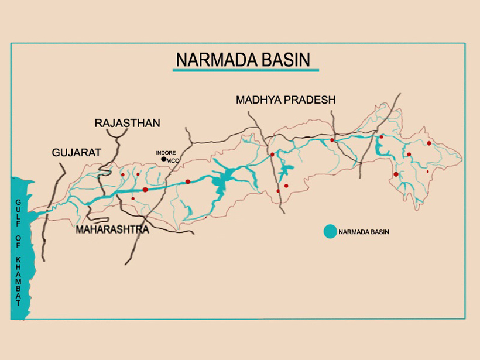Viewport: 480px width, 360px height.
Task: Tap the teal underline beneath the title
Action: click(246, 70)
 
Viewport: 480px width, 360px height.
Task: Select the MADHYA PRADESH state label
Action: click(286, 100)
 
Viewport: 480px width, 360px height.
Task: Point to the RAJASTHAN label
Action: click(127, 123)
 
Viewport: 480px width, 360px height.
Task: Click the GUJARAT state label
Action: click(77, 153)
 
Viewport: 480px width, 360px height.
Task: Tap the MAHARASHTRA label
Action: click(112, 230)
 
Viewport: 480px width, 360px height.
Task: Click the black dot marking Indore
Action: click(163, 159)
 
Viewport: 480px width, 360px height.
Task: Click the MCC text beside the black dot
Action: click(173, 160)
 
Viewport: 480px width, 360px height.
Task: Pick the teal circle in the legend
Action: click(330, 232)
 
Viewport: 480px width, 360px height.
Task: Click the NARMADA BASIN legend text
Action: click(364, 232)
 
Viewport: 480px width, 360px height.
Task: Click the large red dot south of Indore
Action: click(145, 190)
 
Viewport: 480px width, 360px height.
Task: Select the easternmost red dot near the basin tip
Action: click(429, 143)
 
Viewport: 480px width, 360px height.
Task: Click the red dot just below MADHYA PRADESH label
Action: click(272, 155)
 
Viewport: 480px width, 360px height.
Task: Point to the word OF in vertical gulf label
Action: click(18, 242)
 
